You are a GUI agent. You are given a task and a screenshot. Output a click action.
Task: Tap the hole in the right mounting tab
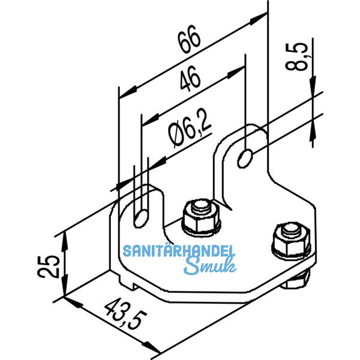coord(245,157)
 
